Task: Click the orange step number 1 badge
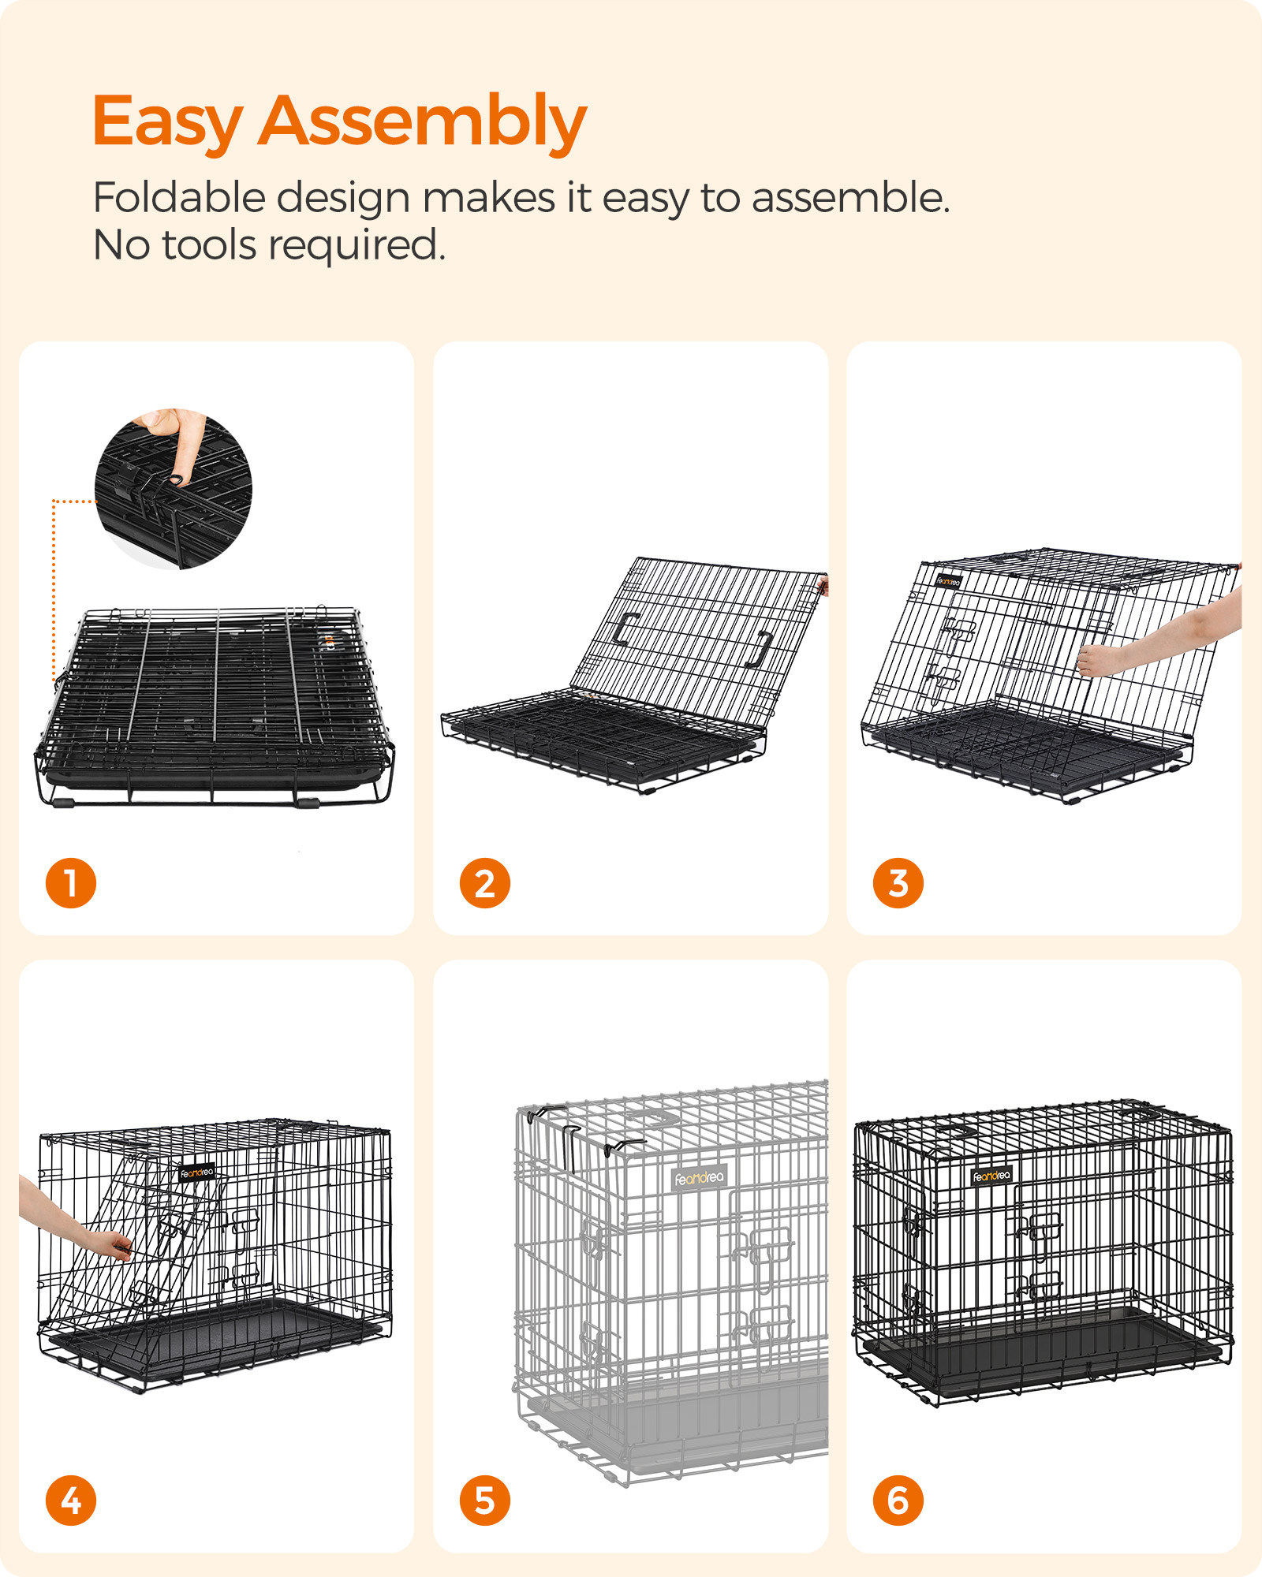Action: (x=71, y=883)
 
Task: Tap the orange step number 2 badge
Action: (x=485, y=883)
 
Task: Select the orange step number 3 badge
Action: (x=898, y=883)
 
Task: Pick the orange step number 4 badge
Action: (x=71, y=1501)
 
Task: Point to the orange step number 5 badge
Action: (x=485, y=1501)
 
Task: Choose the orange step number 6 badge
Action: (x=898, y=1501)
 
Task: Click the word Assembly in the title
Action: (x=422, y=122)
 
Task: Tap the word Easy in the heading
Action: (x=167, y=122)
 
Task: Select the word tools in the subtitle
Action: (x=208, y=245)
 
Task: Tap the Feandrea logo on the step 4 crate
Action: (x=196, y=1173)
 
